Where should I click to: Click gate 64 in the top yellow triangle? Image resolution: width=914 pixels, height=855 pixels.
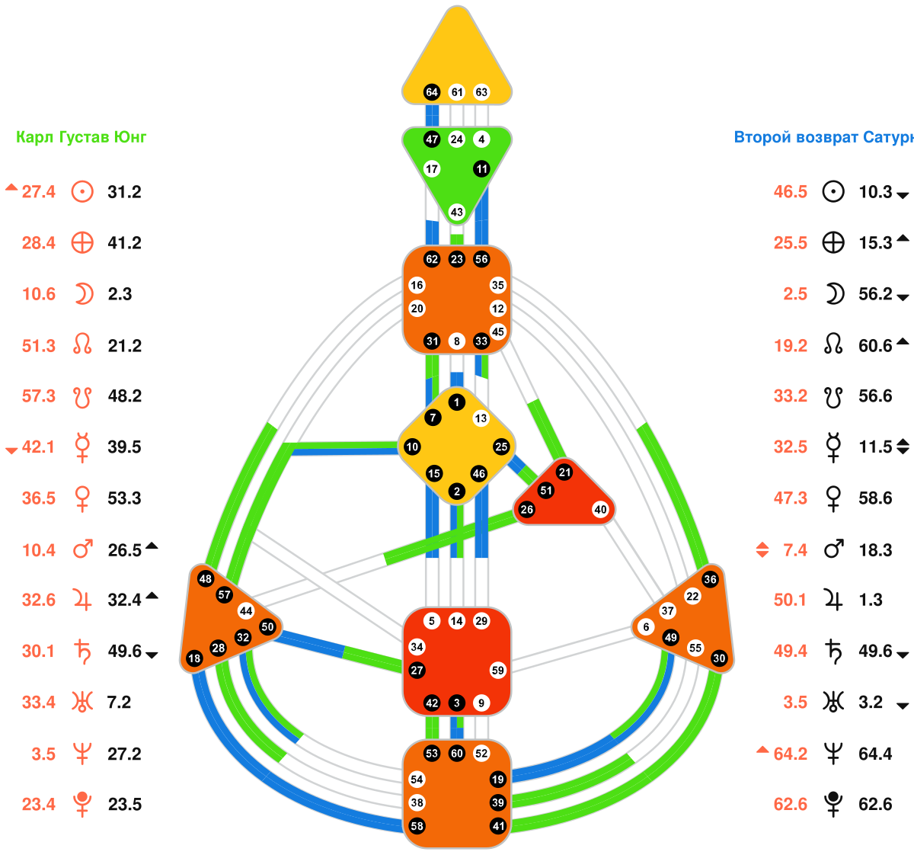[x=432, y=92]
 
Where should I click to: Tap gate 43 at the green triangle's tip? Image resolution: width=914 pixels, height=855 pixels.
[x=457, y=212]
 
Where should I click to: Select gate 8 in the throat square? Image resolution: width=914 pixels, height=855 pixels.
[x=457, y=341]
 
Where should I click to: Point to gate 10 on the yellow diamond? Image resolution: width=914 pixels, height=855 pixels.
[x=412, y=447]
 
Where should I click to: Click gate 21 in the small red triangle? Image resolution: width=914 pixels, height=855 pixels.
[x=564, y=472]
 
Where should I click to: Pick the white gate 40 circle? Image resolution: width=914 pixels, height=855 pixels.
[x=601, y=510]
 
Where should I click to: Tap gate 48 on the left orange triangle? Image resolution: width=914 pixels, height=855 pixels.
[x=205, y=579]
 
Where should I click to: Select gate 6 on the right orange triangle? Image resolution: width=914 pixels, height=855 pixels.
[x=647, y=627]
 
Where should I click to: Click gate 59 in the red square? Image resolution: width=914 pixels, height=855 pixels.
[x=498, y=671]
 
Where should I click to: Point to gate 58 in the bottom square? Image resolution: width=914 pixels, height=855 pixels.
[x=417, y=826]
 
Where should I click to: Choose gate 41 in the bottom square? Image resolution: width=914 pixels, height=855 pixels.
[x=498, y=826]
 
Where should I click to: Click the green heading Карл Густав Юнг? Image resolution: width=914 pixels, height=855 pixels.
[x=81, y=137]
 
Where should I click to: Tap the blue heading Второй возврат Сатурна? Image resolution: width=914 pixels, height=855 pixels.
[x=823, y=137]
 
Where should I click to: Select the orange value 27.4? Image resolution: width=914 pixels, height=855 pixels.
[x=38, y=192]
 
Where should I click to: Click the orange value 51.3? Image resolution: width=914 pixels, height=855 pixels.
[x=38, y=346]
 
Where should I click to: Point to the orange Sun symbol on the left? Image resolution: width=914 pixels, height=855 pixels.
[x=82, y=191]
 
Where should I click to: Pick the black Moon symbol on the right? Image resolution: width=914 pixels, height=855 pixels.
[x=834, y=294]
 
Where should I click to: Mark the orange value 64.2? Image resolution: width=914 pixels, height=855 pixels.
[x=790, y=754]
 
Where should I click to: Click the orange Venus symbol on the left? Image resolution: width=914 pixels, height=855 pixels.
[x=82, y=498]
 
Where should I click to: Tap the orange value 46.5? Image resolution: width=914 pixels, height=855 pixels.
[x=790, y=192]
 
